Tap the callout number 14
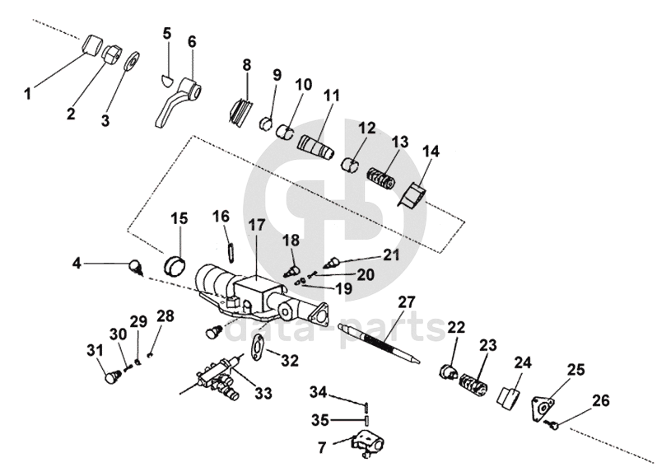click(x=431, y=152)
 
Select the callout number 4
click(x=77, y=263)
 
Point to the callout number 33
click(x=263, y=393)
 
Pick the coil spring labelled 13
click(x=381, y=177)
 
